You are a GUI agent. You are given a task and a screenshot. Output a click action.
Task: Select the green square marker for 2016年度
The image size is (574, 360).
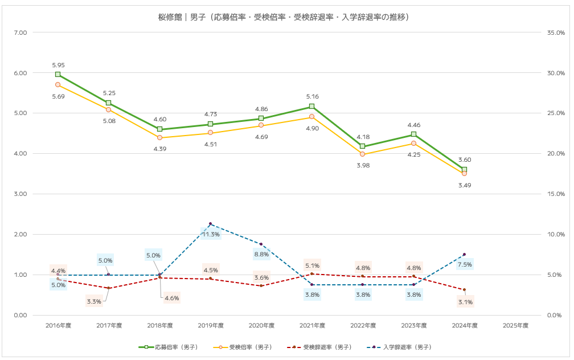pyautogui.click(x=58, y=74)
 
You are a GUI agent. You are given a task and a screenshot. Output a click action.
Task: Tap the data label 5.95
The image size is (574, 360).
pyautogui.click(x=58, y=65)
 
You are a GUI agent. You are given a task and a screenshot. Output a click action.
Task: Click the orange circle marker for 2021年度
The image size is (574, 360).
pyautogui.click(x=311, y=116)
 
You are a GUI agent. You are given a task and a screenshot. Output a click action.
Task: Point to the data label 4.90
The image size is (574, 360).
pyautogui.click(x=311, y=129)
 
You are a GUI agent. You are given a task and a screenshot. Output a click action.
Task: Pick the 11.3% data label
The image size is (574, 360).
pyautogui.click(x=211, y=234)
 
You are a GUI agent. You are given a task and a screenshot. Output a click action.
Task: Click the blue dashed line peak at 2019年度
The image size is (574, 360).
pyautogui.click(x=210, y=224)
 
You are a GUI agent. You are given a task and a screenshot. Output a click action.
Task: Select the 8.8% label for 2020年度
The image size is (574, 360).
pyautogui.click(x=261, y=254)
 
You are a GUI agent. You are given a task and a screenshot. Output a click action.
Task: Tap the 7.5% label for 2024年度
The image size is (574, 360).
pyautogui.click(x=465, y=264)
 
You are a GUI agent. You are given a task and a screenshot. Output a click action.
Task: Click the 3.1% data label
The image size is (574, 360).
pyautogui.click(x=465, y=302)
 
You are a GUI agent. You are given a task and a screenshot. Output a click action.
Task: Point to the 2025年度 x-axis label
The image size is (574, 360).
pyautogui.click(x=516, y=326)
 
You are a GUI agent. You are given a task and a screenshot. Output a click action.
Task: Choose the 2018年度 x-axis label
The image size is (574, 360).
pyautogui.click(x=160, y=326)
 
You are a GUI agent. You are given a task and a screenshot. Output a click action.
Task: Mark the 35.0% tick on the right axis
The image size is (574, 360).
pyautogui.click(x=555, y=32)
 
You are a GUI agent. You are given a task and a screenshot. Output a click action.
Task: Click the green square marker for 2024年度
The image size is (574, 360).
pyautogui.click(x=464, y=170)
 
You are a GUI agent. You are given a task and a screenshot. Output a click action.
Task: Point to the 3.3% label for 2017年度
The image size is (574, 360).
pyautogui.click(x=94, y=301)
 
